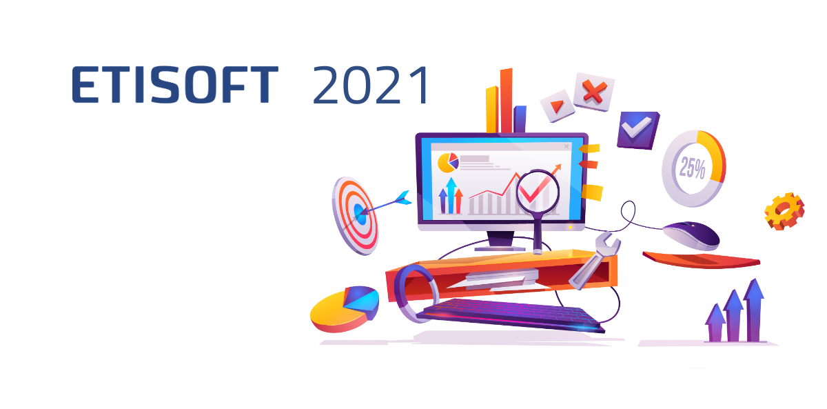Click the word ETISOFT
point(174,85)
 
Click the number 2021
point(371,85)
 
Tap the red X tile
point(594,92)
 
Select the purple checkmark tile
point(637,130)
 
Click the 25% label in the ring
point(693,168)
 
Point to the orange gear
point(784,211)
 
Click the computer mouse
point(691,235)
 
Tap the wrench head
point(607,244)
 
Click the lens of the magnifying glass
point(538,191)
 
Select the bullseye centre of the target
point(359,213)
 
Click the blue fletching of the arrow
point(402,198)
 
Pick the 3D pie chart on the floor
point(345,309)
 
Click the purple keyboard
point(511,315)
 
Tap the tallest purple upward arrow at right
point(754,310)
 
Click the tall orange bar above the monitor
point(506,100)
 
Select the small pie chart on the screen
point(448,163)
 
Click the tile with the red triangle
point(557,106)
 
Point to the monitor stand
point(500,241)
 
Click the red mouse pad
point(701,260)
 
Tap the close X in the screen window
point(566,147)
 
